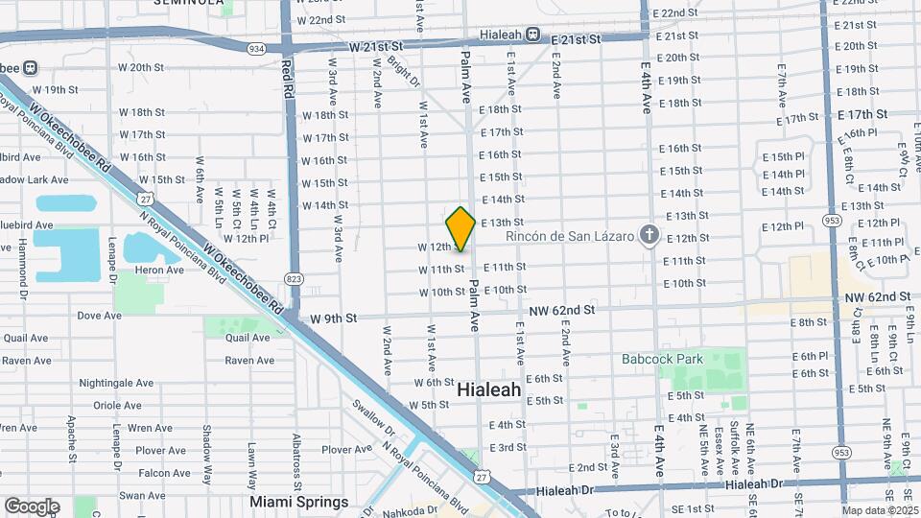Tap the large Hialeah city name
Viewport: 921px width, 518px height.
pyautogui.click(x=488, y=389)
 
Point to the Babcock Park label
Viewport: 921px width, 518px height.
pyautogui.click(x=662, y=360)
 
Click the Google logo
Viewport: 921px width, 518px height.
pyautogui.click(x=31, y=506)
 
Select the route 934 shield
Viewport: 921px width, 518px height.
pyautogui.click(x=255, y=47)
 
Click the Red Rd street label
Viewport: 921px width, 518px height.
pyautogui.click(x=287, y=79)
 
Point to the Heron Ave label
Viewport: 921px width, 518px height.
pyautogui.click(x=162, y=271)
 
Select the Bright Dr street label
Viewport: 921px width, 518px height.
pyautogui.click(x=407, y=73)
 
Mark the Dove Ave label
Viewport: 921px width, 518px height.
pyautogui.click(x=99, y=315)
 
